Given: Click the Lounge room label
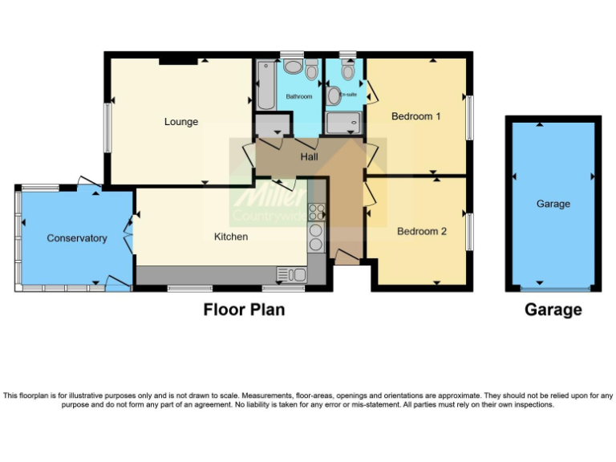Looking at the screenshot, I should point(181,122).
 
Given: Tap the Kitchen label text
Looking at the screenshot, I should point(230,237).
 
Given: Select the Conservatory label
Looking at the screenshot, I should point(77,238).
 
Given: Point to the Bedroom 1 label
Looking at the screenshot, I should point(415,116).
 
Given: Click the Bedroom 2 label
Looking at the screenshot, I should point(422,232).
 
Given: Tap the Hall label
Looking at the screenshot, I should point(310,156).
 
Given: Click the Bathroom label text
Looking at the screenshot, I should point(299,97).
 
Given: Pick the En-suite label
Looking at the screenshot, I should point(347,94).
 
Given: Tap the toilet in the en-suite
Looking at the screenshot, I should point(346,71).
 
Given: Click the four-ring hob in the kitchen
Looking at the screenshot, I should point(316,213).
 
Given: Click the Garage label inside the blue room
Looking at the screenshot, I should point(553,204).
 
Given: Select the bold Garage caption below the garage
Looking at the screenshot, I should point(553,310).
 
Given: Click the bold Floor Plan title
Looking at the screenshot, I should point(244,310).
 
